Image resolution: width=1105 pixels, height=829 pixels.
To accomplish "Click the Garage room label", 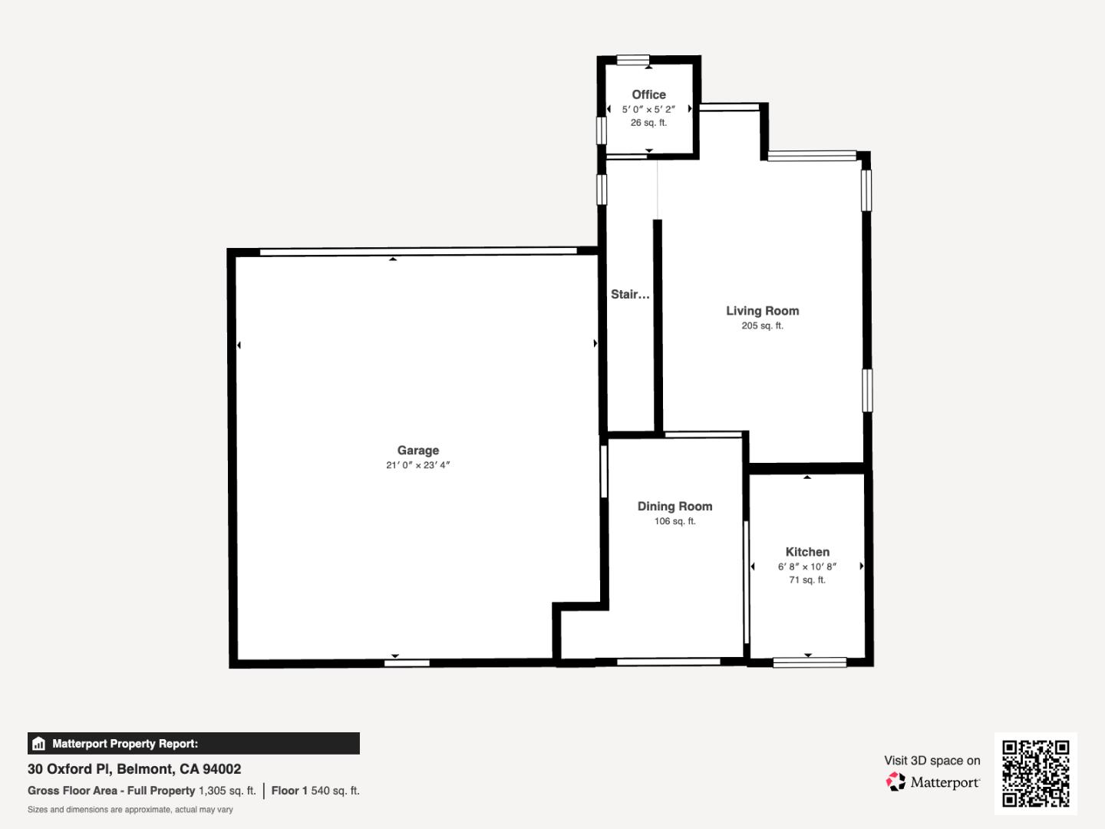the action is [418, 451].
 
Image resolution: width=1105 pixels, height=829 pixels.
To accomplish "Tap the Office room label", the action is [648, 94].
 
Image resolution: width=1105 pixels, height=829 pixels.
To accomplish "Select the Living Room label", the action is [762, 311].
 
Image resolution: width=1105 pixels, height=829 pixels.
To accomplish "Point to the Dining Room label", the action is [675, 507].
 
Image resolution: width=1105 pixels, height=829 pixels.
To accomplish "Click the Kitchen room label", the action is [807, 552].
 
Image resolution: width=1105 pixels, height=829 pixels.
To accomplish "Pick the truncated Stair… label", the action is [630, 295].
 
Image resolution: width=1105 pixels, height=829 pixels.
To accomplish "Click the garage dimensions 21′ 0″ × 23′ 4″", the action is [418, 465].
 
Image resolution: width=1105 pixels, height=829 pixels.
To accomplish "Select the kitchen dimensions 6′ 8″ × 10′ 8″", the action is [807, 566].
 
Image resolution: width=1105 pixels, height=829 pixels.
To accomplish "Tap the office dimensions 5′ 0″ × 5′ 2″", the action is [648, 109].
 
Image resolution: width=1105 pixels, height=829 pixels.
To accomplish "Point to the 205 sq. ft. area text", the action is [762, 325].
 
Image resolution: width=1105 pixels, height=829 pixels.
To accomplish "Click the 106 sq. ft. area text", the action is [675, 521].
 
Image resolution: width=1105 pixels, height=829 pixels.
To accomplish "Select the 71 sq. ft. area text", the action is [807, 580].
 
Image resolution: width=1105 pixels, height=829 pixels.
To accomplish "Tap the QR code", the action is [1035, 773].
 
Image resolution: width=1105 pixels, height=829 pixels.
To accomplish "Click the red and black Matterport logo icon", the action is [896, 781].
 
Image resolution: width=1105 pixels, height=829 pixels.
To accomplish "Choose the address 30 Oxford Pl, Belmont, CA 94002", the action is [134, 769].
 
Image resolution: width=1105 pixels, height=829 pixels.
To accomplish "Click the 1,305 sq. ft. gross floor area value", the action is [227, 791].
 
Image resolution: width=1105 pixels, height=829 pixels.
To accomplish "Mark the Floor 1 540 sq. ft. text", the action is [315, 791].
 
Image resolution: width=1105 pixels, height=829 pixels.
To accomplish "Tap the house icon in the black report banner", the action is [39, 744].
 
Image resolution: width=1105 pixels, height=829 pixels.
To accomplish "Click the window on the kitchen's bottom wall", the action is [810, 662].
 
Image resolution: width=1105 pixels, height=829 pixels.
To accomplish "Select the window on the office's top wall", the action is [633, 61].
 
